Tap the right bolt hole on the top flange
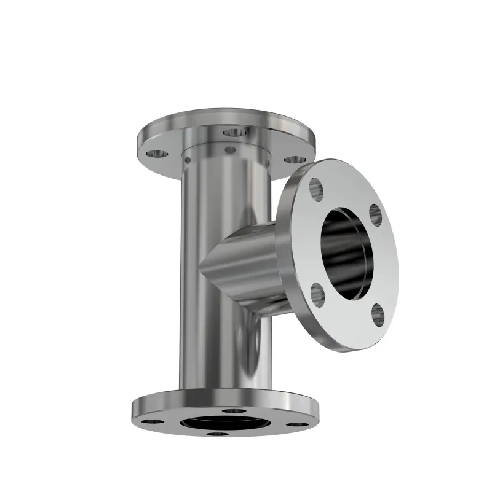click(x=288, y=160)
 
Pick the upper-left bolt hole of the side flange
click(x=317, y=189)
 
